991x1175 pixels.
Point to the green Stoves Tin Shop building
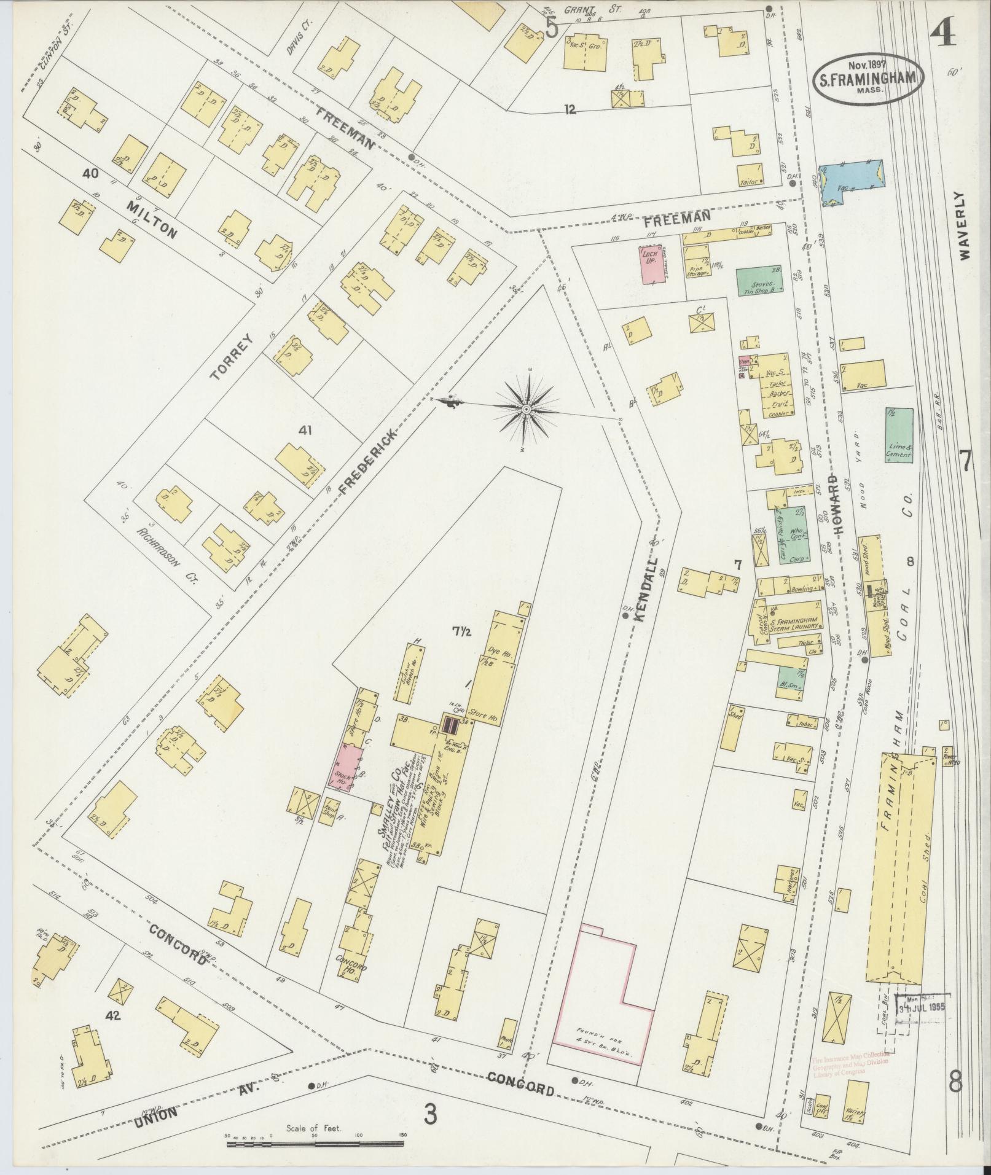tap(759, 281)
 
